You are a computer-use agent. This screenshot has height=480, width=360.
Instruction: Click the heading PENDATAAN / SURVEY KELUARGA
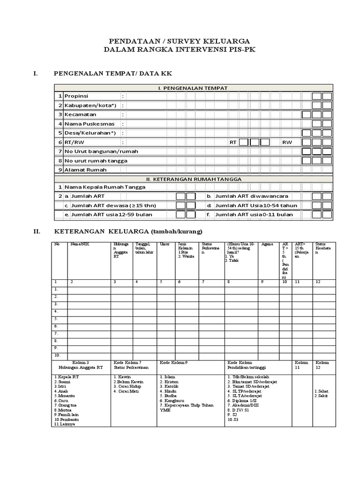[180, 41]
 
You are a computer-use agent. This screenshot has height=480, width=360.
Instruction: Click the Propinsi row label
[77, 96]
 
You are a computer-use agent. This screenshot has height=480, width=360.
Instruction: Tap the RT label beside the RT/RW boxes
[233, 142]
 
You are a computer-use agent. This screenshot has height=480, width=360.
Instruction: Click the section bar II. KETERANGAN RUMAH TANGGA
[193, 179]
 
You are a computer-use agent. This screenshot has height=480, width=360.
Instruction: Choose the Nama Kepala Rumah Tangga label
[105, 187]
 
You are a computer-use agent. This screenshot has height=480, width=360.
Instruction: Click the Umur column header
[164, 244]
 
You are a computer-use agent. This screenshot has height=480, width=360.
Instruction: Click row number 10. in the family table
[57, 355]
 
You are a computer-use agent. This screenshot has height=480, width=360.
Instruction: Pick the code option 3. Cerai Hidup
[127, 387]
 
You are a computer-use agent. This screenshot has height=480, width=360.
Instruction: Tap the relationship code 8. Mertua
[64, 410]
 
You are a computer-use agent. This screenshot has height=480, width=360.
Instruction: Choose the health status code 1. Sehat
[323, 390]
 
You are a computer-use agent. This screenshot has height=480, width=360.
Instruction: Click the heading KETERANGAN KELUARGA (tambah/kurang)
[129, 232]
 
